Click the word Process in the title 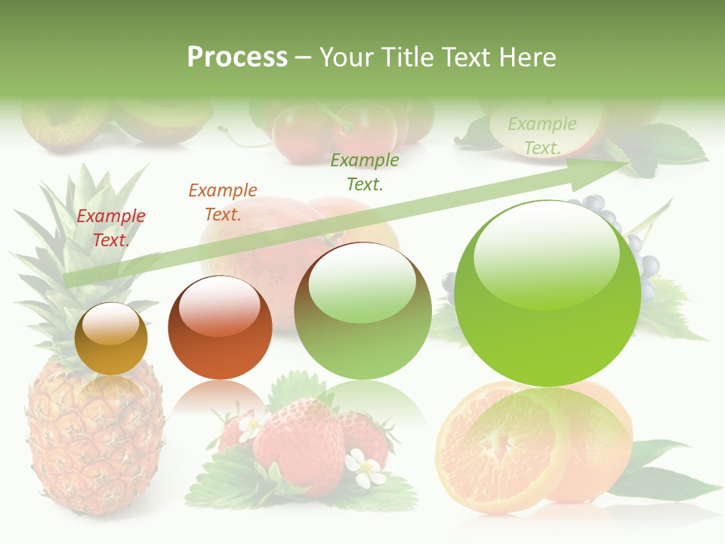(x=237, y=57)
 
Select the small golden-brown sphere (x=111, y=339)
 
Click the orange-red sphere (x=220, y=327)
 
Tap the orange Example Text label (x=223, y=202)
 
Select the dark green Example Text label (x=365, y=172)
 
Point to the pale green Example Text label (x=541, y=136)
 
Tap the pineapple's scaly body (x=94, y=438)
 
